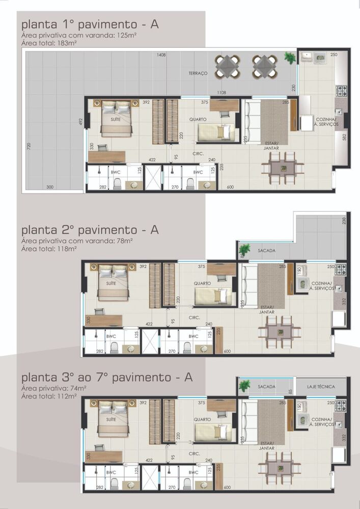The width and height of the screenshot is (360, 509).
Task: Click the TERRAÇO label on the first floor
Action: (198, 74)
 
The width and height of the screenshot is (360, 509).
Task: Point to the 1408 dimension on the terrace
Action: (161, 54)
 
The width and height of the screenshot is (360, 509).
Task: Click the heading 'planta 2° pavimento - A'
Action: (90, 230)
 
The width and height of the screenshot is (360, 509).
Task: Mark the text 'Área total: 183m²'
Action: (49, 44)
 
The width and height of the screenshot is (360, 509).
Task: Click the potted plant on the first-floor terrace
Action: (290, 58)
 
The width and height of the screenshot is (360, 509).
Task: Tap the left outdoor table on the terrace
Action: (227, 66)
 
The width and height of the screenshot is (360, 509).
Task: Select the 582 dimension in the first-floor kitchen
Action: (344, 137)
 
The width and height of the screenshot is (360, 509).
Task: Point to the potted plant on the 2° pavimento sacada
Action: (244, 249)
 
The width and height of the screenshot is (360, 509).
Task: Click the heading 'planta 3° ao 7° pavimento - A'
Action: (107, 378)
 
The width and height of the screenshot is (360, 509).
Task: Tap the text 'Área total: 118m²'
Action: (49, 249)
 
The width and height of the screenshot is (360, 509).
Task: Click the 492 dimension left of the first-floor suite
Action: (80, 122)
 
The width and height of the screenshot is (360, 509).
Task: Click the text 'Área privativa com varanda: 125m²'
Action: (78, 37)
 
